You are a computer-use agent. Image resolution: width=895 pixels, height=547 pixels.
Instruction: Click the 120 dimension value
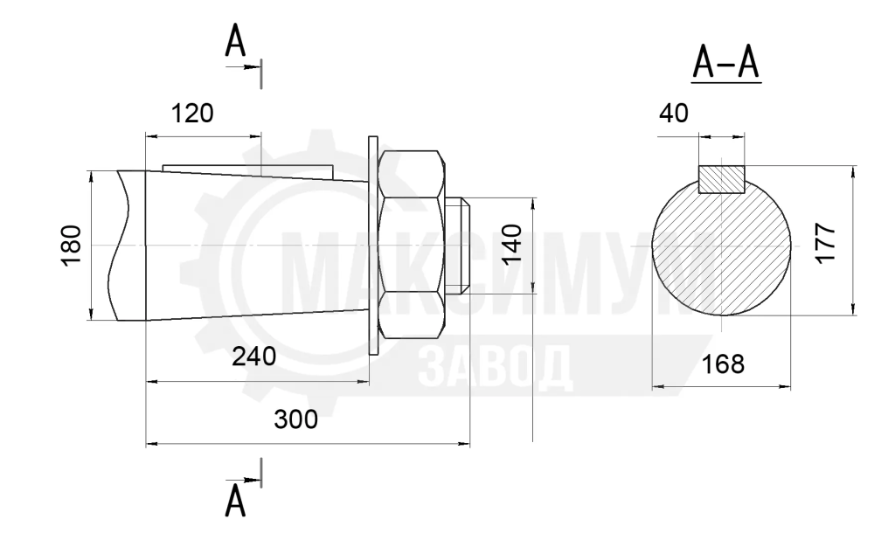point(192,114)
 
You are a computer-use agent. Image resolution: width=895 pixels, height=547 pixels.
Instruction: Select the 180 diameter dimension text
point(72,246)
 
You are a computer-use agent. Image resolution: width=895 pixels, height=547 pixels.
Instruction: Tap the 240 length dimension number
point(254,357)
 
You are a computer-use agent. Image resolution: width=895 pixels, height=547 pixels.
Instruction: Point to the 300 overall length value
point(295,419)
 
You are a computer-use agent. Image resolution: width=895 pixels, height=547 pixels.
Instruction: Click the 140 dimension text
point(512,244)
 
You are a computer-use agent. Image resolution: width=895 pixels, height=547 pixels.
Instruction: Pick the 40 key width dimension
point(674,114)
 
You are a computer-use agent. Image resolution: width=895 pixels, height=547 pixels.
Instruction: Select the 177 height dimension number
point(826,244)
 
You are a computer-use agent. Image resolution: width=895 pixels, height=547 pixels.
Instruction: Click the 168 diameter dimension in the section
point(723,364)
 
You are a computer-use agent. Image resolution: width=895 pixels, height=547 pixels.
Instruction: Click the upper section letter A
point(235,42)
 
